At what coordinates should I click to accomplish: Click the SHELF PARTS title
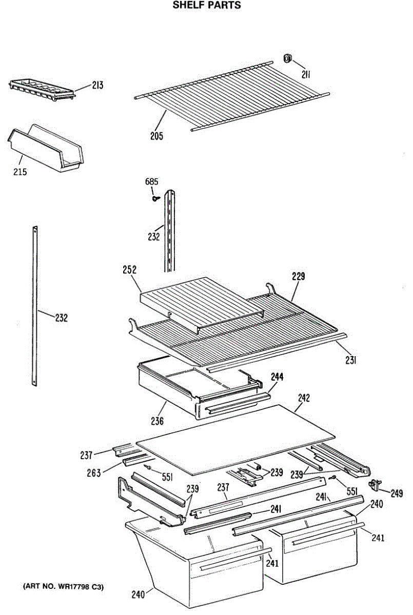click(207, 6)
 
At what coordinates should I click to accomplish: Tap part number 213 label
click(97, 86)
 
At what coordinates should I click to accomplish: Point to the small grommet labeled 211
click(288, 58)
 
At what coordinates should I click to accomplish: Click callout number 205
click(156, 136)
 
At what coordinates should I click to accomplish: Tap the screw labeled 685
click(154, 198)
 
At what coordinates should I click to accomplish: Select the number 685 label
click(152, 182)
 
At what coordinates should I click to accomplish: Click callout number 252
click(129, 270)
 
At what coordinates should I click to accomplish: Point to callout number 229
click(299, 277)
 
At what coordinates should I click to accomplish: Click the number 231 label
click(350, 360)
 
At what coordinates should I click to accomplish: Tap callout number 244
click(278, 377)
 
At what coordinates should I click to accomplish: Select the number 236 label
click(157, 421)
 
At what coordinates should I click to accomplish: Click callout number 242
click(304, 397)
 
